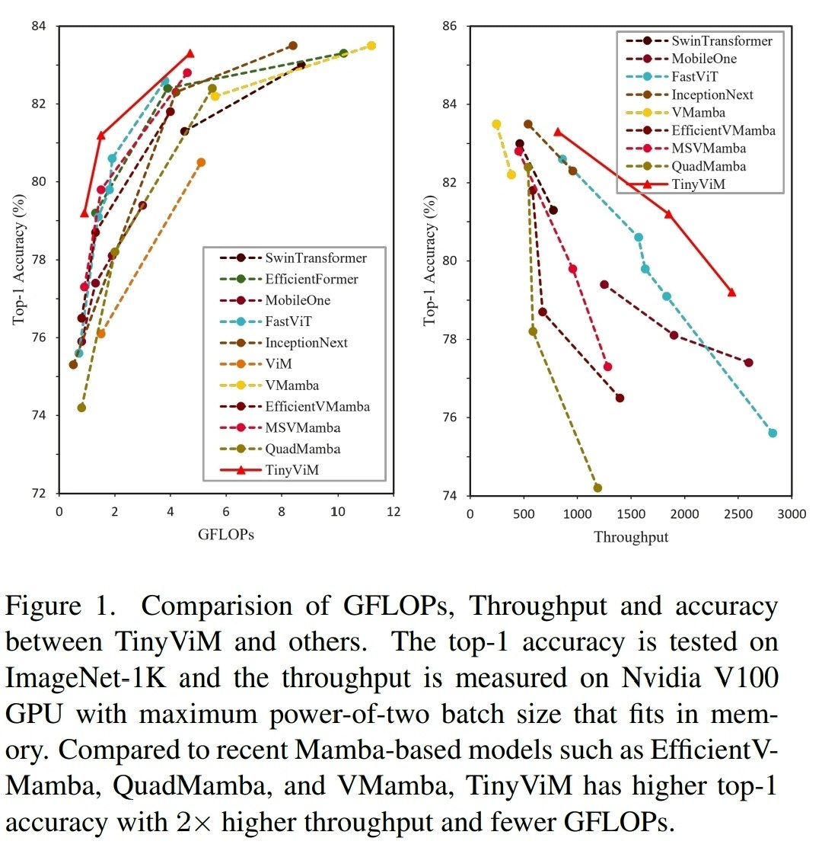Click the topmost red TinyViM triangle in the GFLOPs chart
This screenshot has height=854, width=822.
(x=190, y=54)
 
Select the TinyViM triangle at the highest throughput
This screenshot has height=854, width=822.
(x=731, y=292)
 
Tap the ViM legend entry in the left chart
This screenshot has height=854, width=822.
(x=278, y=364)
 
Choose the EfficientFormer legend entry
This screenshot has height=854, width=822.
(x=311, y=279)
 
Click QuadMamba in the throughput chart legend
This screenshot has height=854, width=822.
(x=708, y=166)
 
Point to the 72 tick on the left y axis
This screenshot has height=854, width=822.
(x=39, y=493)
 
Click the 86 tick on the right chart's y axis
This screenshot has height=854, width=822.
(x=450, y=26)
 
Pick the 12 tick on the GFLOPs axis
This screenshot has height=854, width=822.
(x=393, y=512)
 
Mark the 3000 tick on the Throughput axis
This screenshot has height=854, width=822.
(x=791, y=514)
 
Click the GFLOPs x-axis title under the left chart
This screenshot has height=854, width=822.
(x=225, y=534)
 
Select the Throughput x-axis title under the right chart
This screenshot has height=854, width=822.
(x=630, y=537)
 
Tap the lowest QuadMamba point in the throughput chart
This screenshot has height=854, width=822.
(x=597, y=488)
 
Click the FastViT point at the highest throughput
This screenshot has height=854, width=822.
(x=773, y=433)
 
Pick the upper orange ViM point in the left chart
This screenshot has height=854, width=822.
(x=201, y=162)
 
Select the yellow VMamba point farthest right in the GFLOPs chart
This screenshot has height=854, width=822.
(x=371, y=46)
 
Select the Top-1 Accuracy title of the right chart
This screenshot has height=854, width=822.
(x=431, y=261)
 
